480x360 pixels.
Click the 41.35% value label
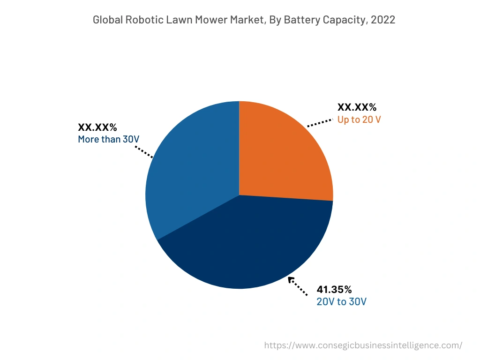coord(334,289)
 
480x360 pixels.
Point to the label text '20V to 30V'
coord(341,301)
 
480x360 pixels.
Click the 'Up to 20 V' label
coord(359,120)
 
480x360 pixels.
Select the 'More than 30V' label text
coord(109,139)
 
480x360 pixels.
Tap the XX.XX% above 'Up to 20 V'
coord(357,107)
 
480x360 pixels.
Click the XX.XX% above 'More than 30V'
coord(97,127)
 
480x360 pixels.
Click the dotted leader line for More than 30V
coord(143,151)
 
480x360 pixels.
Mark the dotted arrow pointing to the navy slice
coord(298,286)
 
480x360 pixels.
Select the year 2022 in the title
coord(383,20)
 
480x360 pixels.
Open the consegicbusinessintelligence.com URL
coord(363,345)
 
